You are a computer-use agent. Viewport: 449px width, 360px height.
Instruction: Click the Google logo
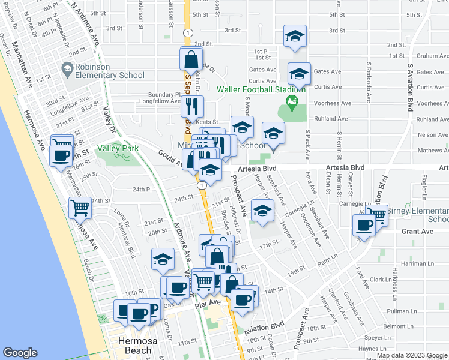tap(20, 353)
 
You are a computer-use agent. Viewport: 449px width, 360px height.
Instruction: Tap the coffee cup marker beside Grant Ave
tap(365, 226)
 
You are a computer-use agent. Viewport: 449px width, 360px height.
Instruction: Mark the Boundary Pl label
tap(165, 94)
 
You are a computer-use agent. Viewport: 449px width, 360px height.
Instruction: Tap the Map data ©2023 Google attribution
tap(412, 355)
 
